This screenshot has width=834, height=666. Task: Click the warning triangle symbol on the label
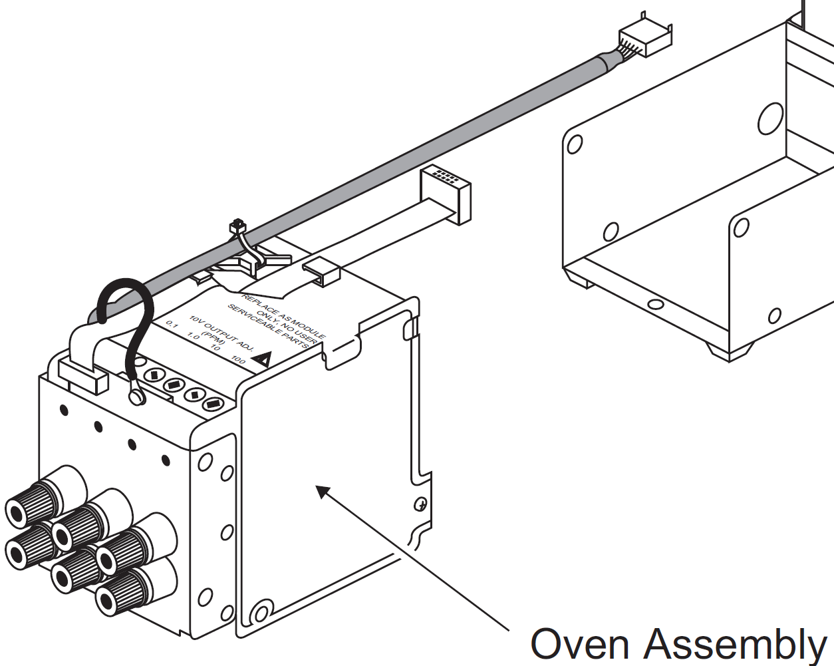click(261, 361)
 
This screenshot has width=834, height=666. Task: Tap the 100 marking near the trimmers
click(238, 360)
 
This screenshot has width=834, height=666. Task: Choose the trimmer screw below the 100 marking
click(213, 404)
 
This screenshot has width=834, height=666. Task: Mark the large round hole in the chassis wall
click(771, 119)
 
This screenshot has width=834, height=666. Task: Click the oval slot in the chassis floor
click(655, 305)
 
